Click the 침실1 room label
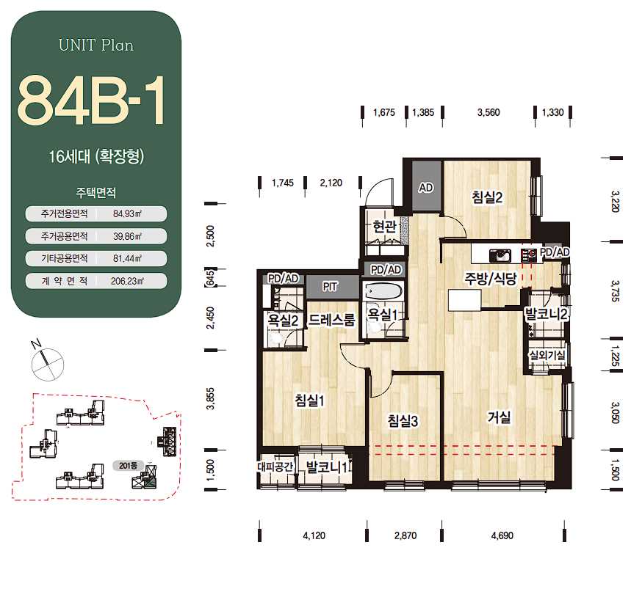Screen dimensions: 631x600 pyautogui.click(x=309, y=400)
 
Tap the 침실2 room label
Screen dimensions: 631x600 pyautogui.click(x=487, y=197)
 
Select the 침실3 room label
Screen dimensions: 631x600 pyautogui.click(x=403, y=421)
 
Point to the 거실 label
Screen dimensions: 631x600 pyautogui.click(x=499, y=417)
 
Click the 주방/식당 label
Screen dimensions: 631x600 pyautogui.click(x=490, y=278)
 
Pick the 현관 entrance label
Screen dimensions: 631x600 pyautogui.click(x=385, y=227)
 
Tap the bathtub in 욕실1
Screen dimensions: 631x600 pyautogui.click(x=382, y=290)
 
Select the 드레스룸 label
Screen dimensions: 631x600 pyautogui.click(x=331, y=320)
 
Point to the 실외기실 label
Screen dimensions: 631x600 pyautogui.click(x=547, y=355)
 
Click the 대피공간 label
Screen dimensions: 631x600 pyautogui.click(x=275, y=467)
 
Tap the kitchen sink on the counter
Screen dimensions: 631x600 pyautogui.click(x=500, y=255)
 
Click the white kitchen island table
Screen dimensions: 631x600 pyautogui.click(x=464, y=300)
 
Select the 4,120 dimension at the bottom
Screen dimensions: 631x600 pyautogui.click(x=314, y=535)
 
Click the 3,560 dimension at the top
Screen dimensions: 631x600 pyautogui.click(x=488, y=112)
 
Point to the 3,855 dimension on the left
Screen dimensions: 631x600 pyautogui.click(x=210, y=399)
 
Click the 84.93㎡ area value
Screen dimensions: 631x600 pyautogui.click(x=127, y=213)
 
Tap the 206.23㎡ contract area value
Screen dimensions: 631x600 pyautogui.click(x=127, y=281)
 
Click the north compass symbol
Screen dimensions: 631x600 pyautogui.click(x=48, y=363)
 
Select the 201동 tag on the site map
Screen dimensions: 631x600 pyautogui.click(x=128, y=466)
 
